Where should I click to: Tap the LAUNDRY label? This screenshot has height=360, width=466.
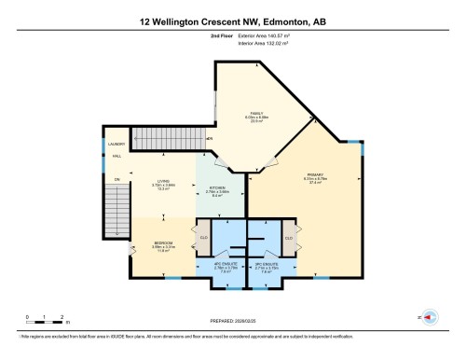point(117,145)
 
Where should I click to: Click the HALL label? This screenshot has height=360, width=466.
point(117,157)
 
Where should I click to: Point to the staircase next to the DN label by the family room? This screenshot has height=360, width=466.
point(169,139)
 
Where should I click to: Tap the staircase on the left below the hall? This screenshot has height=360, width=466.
point(117,207)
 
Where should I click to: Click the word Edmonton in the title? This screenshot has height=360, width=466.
point(289,21)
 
